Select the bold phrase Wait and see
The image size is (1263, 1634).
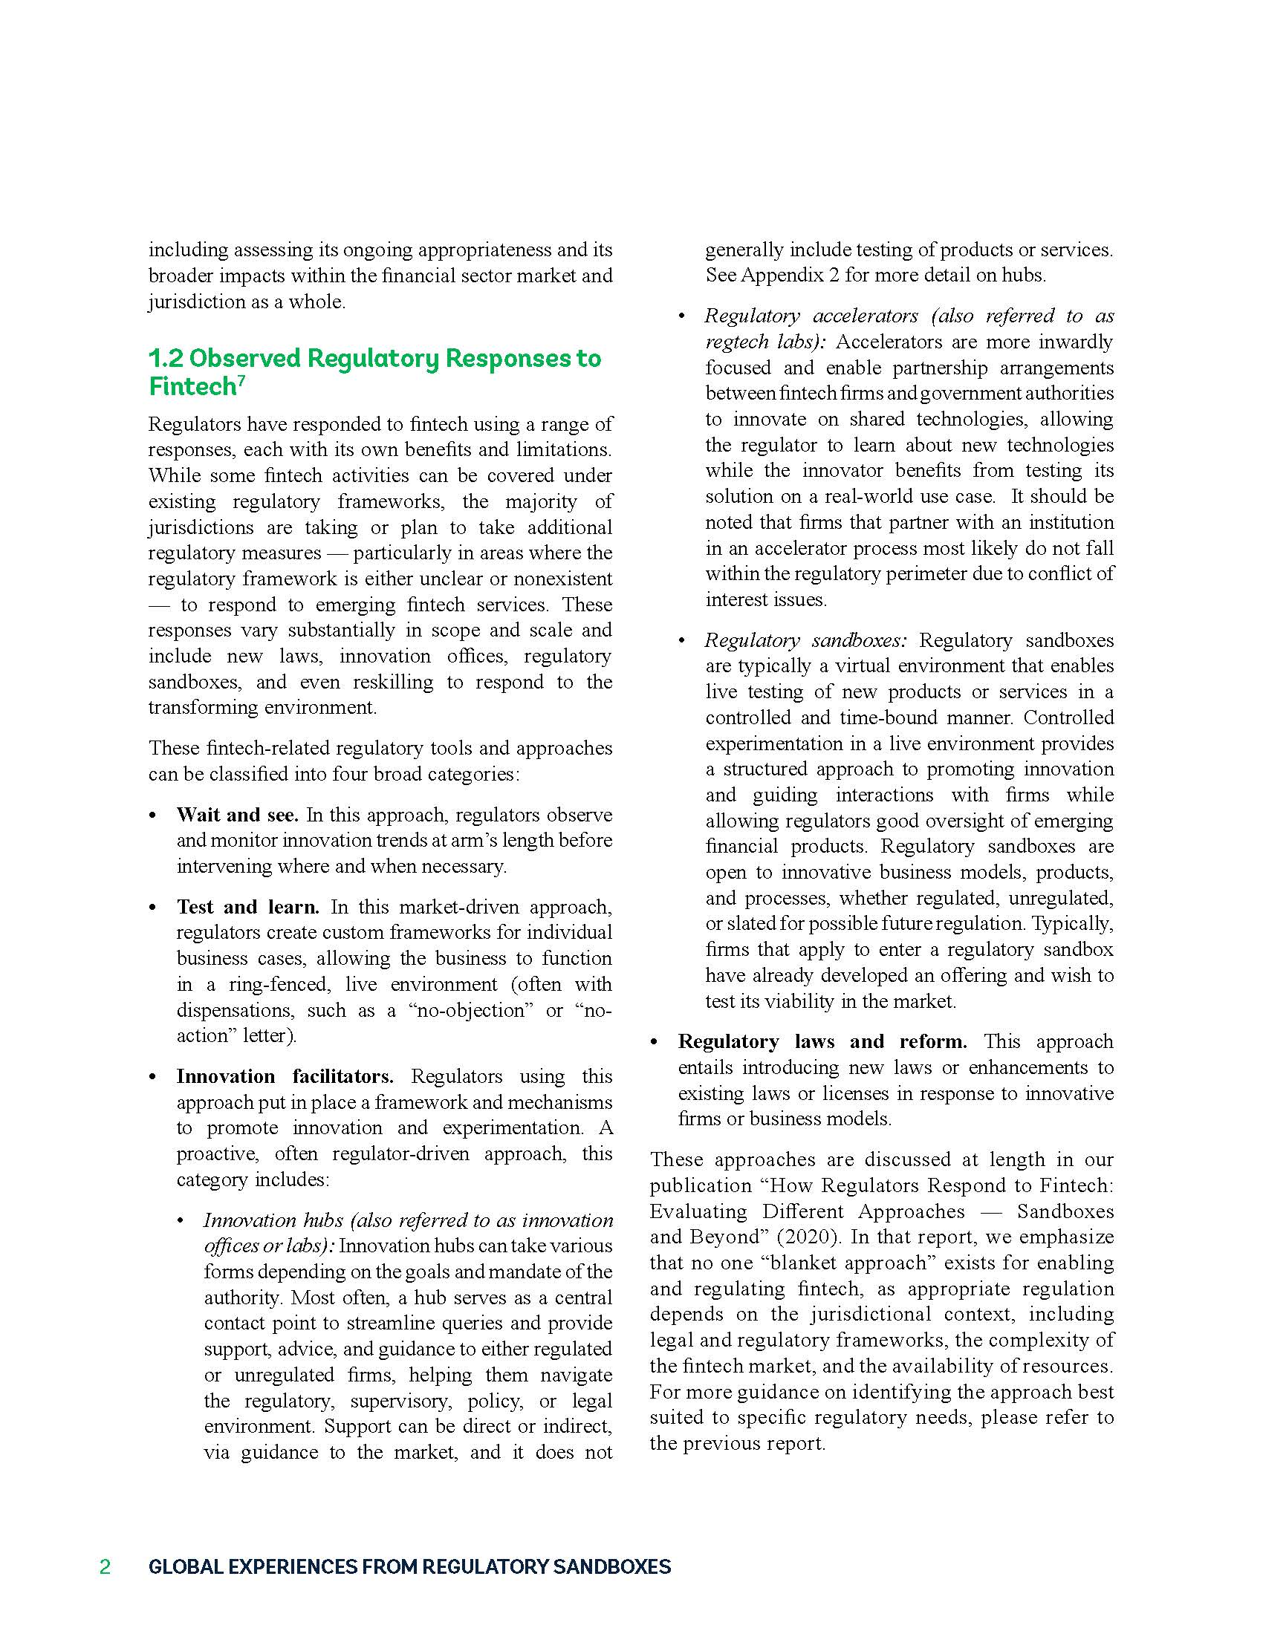click(x=237, y=815)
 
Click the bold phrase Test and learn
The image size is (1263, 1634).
click(x=247, y=907)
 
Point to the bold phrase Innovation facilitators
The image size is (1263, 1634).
click(x=285, y=1077)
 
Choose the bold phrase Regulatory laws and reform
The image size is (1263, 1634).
click(x=822, y=1041)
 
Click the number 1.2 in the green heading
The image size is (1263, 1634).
click(x=166, y=359)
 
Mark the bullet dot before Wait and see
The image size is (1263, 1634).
click(x=153, y=816)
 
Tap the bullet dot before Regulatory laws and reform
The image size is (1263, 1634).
click(x=655, y=1042)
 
